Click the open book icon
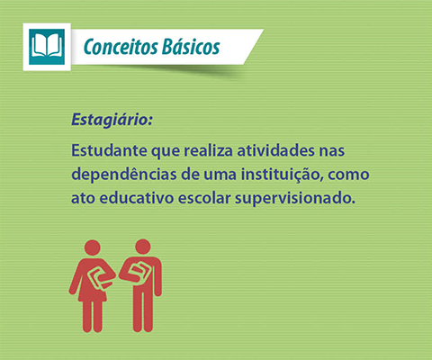[47, 47]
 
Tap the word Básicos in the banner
[191, 47]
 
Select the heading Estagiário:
[112, 120]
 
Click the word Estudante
[109, 150]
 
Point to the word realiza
[209, 150]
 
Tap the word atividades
[275, 150]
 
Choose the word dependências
[124, 175]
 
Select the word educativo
[137, 198]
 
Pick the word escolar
[204, 198]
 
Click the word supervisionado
[295, 199]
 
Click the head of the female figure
[93, 247]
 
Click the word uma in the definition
[220, 175]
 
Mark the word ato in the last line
[83, 199]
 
